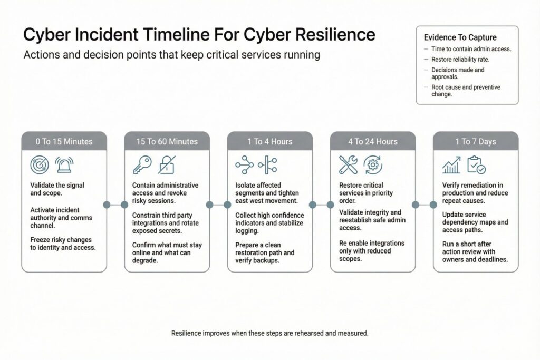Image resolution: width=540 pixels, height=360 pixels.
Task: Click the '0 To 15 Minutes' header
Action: [64, 141]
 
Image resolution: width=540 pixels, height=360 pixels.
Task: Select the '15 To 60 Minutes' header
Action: [167, 141]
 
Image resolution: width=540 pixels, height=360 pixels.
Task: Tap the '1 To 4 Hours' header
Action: [269, 141]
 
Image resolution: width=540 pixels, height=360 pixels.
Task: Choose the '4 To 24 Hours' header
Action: [373, 141]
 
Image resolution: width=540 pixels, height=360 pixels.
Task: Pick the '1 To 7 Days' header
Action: [476, 141]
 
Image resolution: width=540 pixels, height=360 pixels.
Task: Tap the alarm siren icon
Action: [64, 165]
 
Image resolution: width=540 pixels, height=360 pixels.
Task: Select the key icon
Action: [142, 166]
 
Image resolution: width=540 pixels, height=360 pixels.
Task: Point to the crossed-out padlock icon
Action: [167, 165]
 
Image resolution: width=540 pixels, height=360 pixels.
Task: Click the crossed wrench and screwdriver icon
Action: [349, 165]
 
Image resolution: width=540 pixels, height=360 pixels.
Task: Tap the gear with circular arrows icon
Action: [373, 165]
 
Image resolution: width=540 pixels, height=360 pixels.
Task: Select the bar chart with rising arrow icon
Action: [451, 166]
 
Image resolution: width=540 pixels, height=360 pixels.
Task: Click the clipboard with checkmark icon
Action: [476, 165]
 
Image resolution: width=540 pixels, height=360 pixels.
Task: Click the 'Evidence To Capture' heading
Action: [460, 37]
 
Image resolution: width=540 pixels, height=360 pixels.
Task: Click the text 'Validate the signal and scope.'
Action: [57, 189]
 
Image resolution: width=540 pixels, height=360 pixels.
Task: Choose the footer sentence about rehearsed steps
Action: [270, 333]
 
